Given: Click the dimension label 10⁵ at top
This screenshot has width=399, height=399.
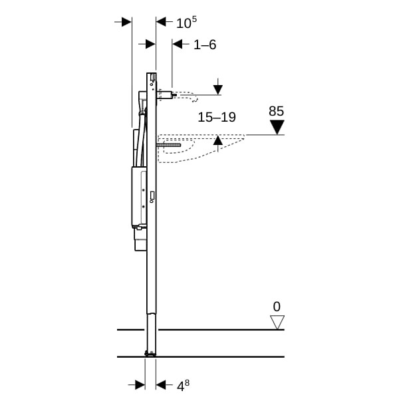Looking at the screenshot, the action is [x=186, y=23].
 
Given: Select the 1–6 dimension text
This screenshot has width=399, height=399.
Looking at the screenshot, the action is [x=205, y=45].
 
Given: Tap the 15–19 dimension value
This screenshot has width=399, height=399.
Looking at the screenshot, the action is [x=217, y=117].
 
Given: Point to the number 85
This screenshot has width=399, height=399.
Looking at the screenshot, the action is [x=277, y=111].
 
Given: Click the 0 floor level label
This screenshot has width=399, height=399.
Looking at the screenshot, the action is [x=277, y=307].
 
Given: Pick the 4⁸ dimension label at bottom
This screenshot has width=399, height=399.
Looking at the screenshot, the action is [x=183, y=386].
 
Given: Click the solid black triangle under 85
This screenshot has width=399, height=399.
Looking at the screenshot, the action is [x=277, y=127].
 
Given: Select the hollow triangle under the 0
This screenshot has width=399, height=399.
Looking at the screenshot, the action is [x=277, y=323].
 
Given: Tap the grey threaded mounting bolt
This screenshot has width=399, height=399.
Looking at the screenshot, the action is [x=169, y=145].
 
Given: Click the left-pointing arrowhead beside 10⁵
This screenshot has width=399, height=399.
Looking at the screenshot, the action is [x=162, y=22].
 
